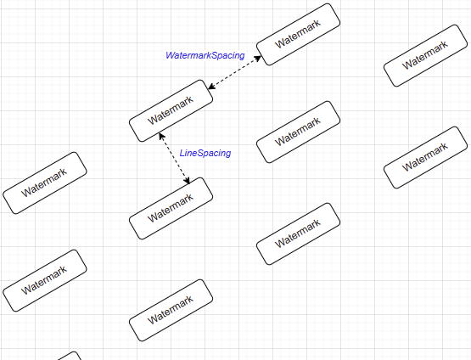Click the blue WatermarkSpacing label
click(x=205, y=55)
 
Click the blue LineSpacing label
click(x=205, y=154)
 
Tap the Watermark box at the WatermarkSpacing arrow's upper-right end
click(x=298, y=35)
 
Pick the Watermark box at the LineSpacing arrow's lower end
click(x=171, y=209)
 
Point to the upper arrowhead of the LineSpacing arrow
click(x=160, y=136)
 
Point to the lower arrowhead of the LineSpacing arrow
click(x=188, y=182)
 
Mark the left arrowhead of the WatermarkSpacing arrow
click(x=209, y=87)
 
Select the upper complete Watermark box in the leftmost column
click(x=45, y=183)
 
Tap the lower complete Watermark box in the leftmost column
click(x=45, y=280)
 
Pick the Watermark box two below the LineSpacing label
click(x=171, y=310)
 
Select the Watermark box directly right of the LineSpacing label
click(x=298, y=132)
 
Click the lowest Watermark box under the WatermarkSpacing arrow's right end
click(x=298, y=233)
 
